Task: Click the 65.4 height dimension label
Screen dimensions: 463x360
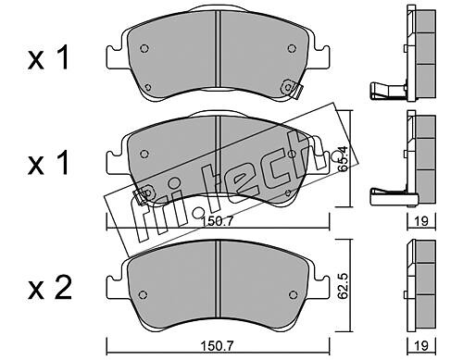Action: (343, 159)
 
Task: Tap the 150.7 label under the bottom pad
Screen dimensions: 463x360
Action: (216, 345)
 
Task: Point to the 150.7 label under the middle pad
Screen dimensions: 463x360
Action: (216, 221)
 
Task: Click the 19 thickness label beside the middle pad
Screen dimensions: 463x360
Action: (421, 221)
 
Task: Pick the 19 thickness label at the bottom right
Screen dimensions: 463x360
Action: (421, 345)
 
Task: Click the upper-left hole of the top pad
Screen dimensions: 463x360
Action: (144, 49)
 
